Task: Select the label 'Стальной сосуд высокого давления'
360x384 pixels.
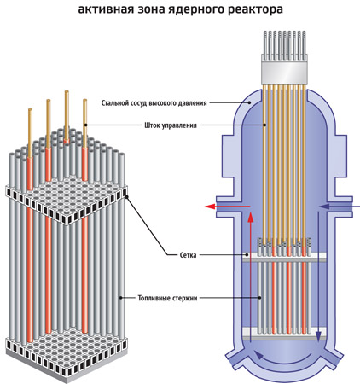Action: [154, 103]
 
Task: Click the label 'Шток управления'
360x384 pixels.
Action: [171, 125]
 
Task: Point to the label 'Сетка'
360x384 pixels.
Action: [188, 255]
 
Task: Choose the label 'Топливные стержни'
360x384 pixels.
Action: [167, 298]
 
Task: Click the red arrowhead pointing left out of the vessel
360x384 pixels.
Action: [210, 207]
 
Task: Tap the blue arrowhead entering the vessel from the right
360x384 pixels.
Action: [324, 207]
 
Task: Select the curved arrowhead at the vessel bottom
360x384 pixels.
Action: [258, 354]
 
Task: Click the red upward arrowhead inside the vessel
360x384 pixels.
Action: [250, 217]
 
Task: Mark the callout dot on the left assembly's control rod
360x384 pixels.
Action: [85, 125]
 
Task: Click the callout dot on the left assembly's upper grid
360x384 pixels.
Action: [126, 196]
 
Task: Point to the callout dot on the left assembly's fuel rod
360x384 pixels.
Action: [120, 298]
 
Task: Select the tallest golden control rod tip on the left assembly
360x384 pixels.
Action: [67, 92]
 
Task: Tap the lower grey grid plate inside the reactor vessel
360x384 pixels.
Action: [284, 334]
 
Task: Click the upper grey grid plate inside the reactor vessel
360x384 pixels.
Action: [284, 257]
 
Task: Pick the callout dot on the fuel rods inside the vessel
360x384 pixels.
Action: [260, 298]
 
